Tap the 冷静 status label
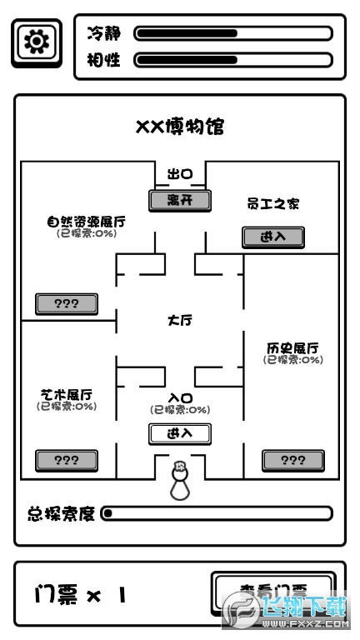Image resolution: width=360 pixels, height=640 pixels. coord(104,33)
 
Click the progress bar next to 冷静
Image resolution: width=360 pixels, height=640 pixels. coord(233,33)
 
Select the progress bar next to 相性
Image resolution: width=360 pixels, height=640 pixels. coord(233,60)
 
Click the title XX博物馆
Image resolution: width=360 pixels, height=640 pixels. coord(180,127)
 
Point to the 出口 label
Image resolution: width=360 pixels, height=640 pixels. coord(180,174)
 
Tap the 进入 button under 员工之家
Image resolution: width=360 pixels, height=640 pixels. coord(272,237)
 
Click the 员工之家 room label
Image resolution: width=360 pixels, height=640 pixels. coord(272,203)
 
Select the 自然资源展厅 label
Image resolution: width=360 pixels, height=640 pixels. coord(87,222)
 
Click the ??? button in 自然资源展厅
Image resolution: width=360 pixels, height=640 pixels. coord(67,303)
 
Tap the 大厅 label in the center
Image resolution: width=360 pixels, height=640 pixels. coord(180,320)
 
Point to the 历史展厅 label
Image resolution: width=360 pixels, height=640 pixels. coord(292,347)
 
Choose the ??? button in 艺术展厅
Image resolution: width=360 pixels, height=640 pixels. coord(67,459)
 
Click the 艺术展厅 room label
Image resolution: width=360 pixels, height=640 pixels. coord(67,394)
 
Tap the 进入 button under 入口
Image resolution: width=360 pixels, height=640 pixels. coord(180,433)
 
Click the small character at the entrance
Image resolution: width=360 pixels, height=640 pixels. coord(179,482)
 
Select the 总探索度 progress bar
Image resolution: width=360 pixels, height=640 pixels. coord(217,513)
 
